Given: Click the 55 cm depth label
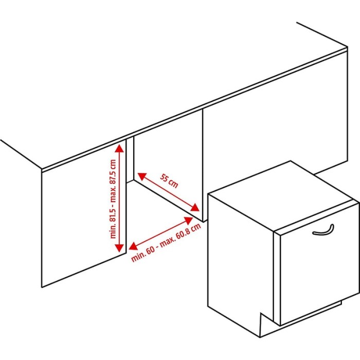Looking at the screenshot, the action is pyautogui.click(x=169, y=181).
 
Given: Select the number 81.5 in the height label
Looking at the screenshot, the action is pyautogui.click(x=113, y=215).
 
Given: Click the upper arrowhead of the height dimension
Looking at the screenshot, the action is pyautogui.click(x=119, y=148).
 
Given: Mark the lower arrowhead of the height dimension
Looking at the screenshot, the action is pyautogui.click(x=119, y=248).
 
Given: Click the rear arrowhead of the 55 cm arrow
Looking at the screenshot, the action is pyautogui.click(x=142, y=176).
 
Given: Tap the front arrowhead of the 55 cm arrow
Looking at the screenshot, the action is pyautogui.click(x=195, y=207).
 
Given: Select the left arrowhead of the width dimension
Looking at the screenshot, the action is pyautogui.click(x=133, y=246).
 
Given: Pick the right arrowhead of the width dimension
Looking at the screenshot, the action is pyautogui.click(x=189, y=221).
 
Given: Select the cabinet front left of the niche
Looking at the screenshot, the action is pyautogui.click(x=84, y=212).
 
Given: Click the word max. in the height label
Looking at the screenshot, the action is pyautogui.click(x=113, y=193).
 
